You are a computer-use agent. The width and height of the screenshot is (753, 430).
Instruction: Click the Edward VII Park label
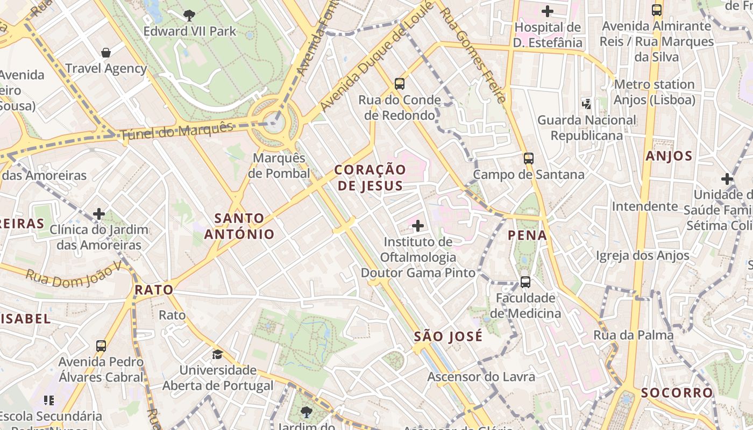pyautogui.click(x=189, y=31)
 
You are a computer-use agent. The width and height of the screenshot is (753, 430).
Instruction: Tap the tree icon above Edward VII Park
pyautogui.click(x=189, y=15)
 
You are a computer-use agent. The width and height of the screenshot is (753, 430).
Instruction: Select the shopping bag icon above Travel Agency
pyautogui.click(x=106, y=53)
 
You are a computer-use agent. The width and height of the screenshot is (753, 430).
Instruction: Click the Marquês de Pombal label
pyautogui.click(x=279, y=166)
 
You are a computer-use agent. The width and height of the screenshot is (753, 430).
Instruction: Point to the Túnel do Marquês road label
pyautogui.click(x=177, y=131)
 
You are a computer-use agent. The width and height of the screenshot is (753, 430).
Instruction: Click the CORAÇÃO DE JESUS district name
pyautogui.click(x=370, y=177)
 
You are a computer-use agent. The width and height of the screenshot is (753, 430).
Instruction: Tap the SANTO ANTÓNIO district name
pyautogui.click(x=239, y=226)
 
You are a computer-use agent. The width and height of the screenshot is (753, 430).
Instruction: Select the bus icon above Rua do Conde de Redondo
pyautogui.click(x=399, y=84)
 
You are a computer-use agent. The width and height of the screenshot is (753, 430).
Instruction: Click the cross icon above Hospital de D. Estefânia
pyautogui.click(x=548, y=11)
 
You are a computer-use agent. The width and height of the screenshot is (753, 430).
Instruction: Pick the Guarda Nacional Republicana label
pyautogui.click(x=586, y=127)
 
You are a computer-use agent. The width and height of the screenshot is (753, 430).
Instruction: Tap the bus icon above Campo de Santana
pyautogui.click(x=529, y=159)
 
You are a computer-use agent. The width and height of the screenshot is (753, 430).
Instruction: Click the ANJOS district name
pyautogui.click(x=669, y=156)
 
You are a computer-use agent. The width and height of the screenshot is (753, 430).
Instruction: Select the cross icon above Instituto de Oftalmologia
pyautogui.click(x=418, y=226)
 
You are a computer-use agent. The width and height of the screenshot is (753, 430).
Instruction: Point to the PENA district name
pyautogui.click(x=527, y=235)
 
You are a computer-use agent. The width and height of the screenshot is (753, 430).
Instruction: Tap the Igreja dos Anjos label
pyautogui.click(x=642, y=256)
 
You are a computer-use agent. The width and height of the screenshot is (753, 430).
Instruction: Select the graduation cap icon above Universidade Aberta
pyautogui.click(x=217, y=354)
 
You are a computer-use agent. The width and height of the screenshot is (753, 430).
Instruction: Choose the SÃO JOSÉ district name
pyautogui.click(x=448, y=337)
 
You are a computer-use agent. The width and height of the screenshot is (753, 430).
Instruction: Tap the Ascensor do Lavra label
pyautogui.click(x=481, y=377)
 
